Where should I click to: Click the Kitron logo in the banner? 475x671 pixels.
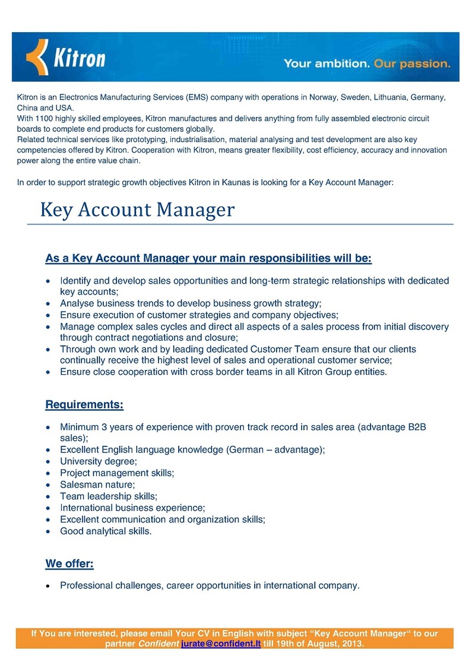click(66, 57)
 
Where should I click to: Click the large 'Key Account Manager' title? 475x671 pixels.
click(137, 210)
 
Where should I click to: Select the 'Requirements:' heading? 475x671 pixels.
click(84, 405)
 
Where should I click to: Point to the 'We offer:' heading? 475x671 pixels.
click(69, 562)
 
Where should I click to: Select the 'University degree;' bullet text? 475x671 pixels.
click(99, 461)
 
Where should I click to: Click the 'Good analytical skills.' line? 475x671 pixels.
click(106, 531)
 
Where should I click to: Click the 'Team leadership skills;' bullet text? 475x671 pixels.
click(109, 496)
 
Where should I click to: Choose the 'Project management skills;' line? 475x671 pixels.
click(117, 473)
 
